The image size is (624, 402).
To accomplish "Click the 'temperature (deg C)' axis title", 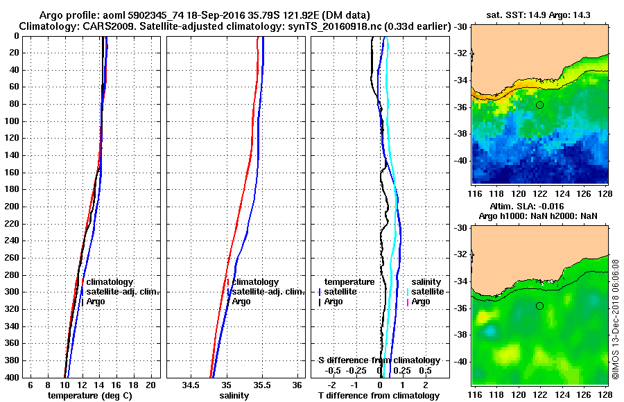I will tap(89, 395).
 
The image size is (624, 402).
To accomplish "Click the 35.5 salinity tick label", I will tap(262, 384).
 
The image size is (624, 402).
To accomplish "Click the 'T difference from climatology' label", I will tap(379, 395).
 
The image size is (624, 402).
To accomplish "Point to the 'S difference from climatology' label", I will tap(379, 360).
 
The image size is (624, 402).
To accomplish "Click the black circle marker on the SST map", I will tap(539, 105).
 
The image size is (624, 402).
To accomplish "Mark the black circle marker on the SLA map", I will tap(539, 306).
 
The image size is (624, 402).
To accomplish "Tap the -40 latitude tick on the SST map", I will tap(460, 160).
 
